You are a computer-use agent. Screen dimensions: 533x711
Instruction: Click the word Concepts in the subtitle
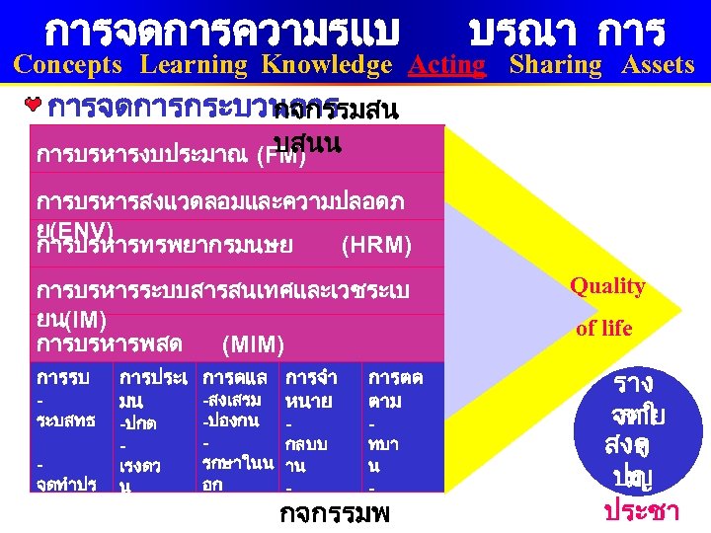[x=68, y=65]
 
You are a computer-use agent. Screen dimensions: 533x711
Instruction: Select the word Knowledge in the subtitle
[x=327, y=65]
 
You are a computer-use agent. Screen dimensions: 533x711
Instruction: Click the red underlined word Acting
[x=447, y=65]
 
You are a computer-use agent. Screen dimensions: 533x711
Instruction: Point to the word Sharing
[x=556, y=65]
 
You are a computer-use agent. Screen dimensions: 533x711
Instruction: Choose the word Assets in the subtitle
[x=658, y=65]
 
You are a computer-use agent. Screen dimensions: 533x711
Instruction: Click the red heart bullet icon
[x=36, y=104]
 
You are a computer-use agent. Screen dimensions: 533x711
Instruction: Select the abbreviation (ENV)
[x=78, y=228]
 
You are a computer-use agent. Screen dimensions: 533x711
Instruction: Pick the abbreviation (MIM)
[x=254, y=344]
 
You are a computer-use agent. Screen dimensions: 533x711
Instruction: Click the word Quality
[x=607, y=286]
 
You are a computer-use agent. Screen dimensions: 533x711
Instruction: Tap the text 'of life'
[x=603, y=329]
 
